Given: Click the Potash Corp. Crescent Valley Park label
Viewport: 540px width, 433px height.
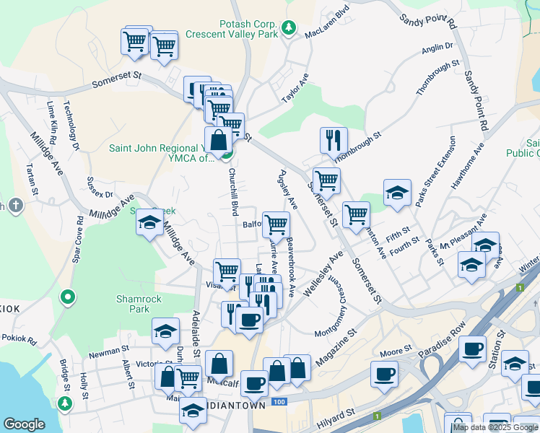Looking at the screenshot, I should coord(232,28).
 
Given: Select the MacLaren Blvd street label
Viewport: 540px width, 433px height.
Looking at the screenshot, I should coord(327,22).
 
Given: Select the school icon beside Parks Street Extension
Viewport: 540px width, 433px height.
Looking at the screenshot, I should coord(397,192).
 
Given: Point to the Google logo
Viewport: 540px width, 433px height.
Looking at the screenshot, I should coord(24,424).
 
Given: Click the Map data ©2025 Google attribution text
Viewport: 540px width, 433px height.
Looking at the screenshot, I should coord(495,427).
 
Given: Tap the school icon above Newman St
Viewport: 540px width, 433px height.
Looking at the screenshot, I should coord(165,331).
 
